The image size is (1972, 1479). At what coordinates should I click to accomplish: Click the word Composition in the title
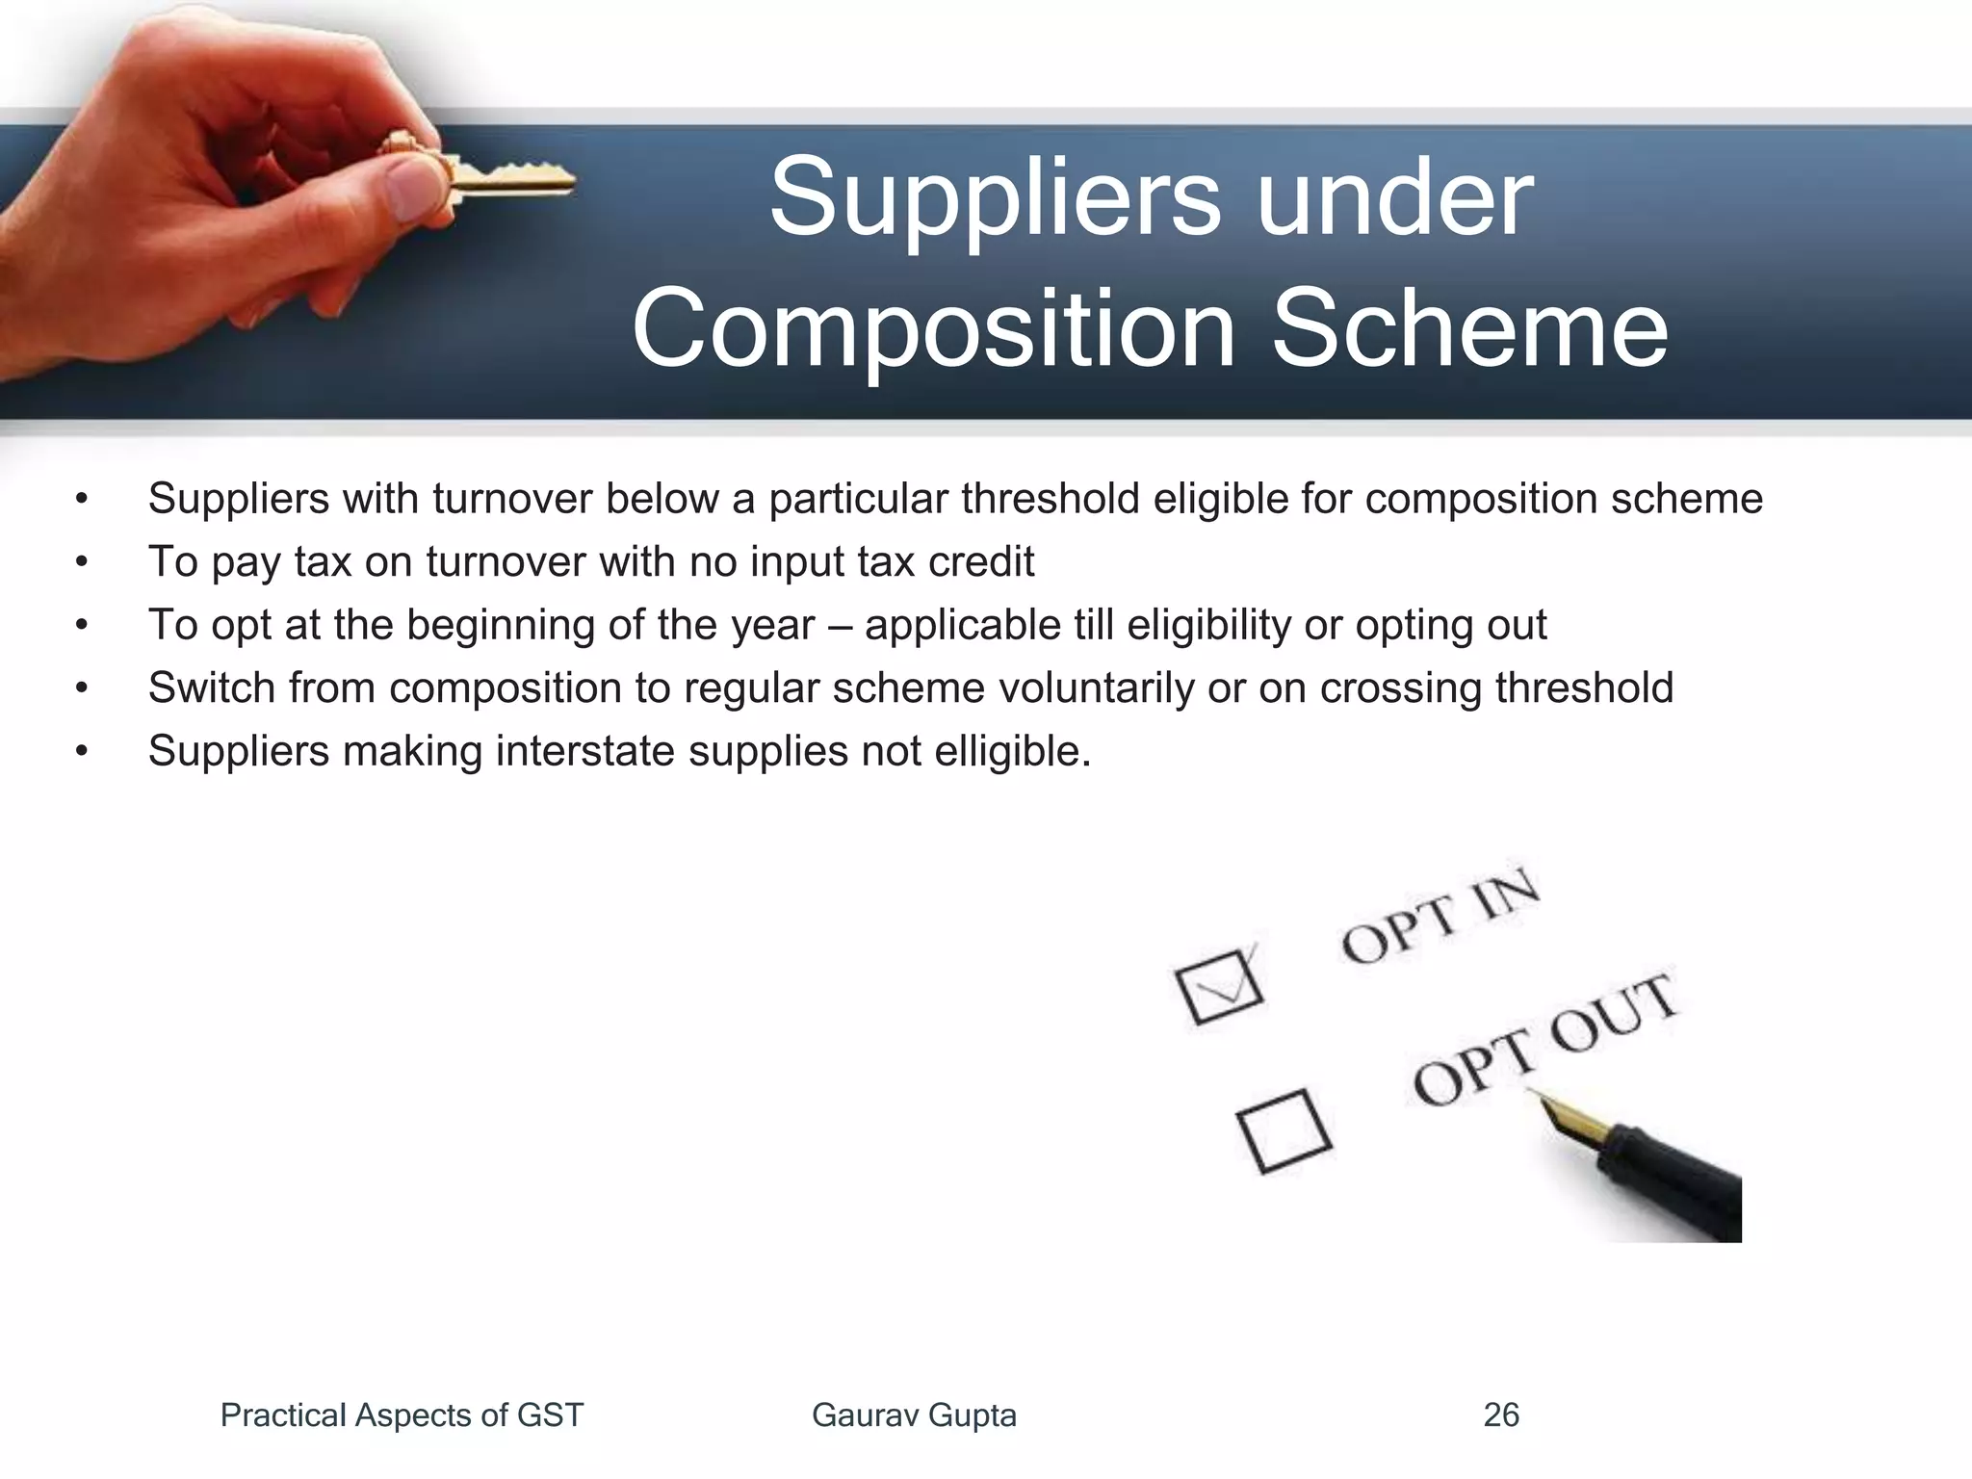tap(932, 330)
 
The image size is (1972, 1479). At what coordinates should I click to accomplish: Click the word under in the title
tap(1393, 198)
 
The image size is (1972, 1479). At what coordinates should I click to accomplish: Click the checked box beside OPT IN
tap(1218, 987)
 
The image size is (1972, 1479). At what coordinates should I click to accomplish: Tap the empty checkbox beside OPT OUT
tap(1284, 1131)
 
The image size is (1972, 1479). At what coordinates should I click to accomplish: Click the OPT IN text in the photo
tap(1440, 915)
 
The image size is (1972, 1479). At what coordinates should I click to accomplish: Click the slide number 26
tap(1501, 1415)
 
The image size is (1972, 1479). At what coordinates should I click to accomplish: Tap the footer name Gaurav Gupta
tap(914, 1415)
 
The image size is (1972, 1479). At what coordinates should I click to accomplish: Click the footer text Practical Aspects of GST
tap(402, 1415)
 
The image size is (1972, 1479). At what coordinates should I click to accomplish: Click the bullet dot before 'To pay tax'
tap(82, 562)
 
